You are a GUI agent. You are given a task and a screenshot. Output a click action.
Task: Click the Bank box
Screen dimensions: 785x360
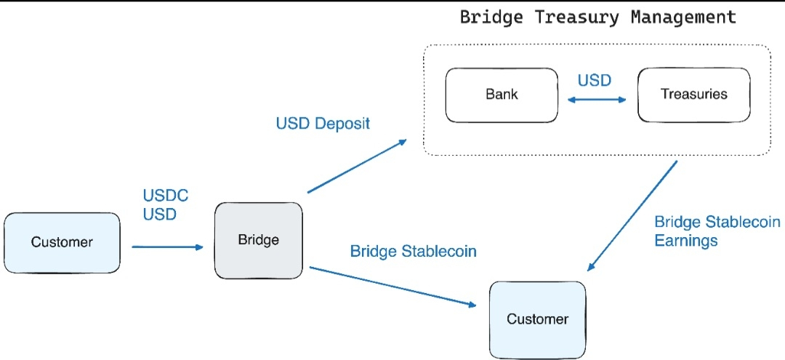coord(502,95)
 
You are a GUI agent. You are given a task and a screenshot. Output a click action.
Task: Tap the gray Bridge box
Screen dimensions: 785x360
coord(259,240)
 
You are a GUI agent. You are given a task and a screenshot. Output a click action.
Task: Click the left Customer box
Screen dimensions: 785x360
coord(62,243)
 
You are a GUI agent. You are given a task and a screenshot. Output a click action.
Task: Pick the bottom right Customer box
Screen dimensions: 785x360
coord(538,319)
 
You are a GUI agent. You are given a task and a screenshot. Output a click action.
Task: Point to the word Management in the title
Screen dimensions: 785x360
coord(683,17)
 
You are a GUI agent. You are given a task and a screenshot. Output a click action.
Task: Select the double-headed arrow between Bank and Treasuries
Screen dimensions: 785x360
coord(597,100)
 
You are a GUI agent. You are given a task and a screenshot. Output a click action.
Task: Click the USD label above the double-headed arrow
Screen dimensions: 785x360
coord(595,81)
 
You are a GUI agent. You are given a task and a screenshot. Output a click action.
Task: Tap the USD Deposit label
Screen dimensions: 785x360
coord(323,124)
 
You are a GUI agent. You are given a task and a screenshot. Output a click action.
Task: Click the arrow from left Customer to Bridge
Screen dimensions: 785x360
coord(168,247)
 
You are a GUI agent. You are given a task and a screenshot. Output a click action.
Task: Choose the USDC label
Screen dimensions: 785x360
coord(166,195)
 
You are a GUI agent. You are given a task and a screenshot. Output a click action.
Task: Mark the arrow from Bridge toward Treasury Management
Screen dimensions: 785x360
coord(357,166)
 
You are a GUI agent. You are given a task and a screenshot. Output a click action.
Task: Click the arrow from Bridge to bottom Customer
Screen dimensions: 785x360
coord(393,287)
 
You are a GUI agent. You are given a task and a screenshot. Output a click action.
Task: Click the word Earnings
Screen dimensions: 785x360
coord(686,240)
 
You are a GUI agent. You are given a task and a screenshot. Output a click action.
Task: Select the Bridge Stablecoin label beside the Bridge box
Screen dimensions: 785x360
coord(413,252)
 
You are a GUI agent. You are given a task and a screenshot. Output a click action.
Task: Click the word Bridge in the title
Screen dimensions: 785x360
coord(491,18)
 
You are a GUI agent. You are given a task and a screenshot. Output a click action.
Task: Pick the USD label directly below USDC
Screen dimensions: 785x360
coord(160,215)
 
